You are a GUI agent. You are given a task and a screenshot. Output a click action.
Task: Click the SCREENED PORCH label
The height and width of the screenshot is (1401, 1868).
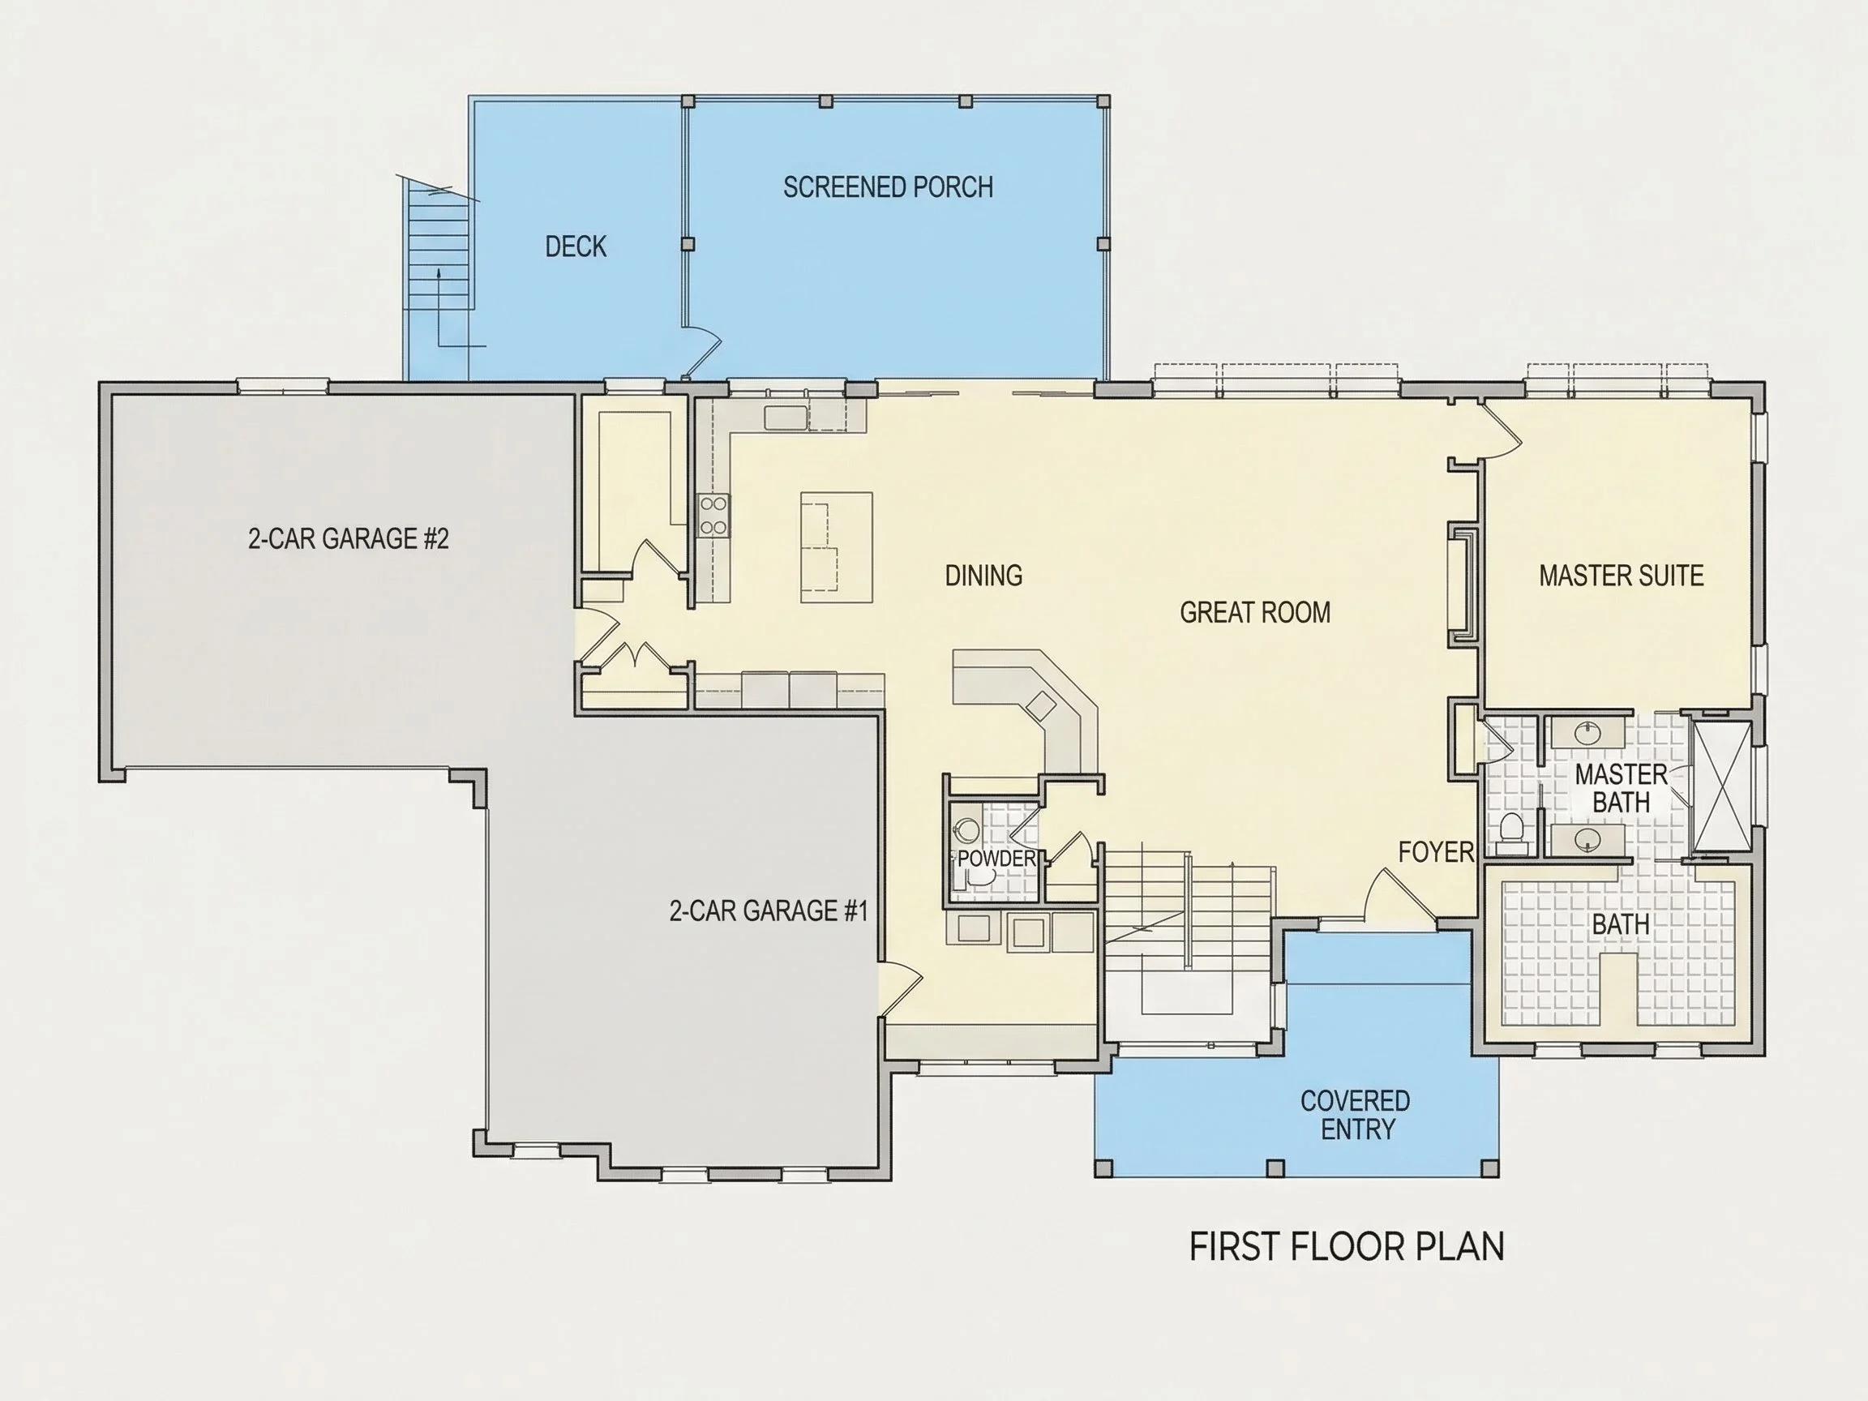(x=888, y=186)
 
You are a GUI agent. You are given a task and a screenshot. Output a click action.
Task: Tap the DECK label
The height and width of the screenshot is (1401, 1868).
(x=576, y=246)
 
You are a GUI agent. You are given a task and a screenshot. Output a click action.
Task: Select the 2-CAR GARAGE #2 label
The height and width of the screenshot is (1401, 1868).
(x=348, y=538)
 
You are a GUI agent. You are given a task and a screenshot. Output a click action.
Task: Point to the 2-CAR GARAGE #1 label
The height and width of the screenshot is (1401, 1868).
(x=769, y=910)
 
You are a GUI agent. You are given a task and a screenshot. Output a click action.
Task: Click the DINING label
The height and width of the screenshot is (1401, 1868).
(x=983, y=575)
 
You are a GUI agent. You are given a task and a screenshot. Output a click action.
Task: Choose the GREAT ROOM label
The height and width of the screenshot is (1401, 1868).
(x=1255, y=612)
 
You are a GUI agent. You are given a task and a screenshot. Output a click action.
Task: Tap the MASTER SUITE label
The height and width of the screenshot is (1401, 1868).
(x=1621, y=575)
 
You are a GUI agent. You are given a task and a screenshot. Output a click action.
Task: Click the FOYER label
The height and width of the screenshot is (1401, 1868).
(x=1436, y=852)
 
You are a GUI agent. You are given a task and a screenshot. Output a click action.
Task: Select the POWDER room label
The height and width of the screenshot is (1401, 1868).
(x=996, y=859)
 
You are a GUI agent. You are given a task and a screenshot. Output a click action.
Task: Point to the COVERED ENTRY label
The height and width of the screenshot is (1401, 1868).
(x=1356, y=1115)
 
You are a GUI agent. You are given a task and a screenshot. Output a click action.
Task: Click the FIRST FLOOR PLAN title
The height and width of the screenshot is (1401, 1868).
(x=1347, y=1247)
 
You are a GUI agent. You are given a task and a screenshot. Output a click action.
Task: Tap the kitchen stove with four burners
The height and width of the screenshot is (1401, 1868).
(x=713, y=516)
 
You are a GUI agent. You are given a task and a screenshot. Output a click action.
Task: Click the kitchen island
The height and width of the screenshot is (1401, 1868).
(x=836, y=547)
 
